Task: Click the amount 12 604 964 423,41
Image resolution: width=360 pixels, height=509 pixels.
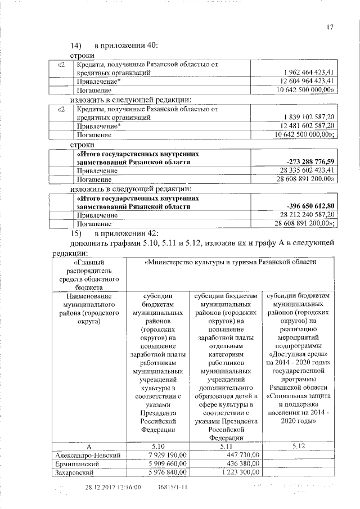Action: pyautogui.click(x=306, y=81)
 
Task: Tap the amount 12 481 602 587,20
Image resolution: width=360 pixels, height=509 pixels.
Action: pyautogui.click(x=306, y=126)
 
